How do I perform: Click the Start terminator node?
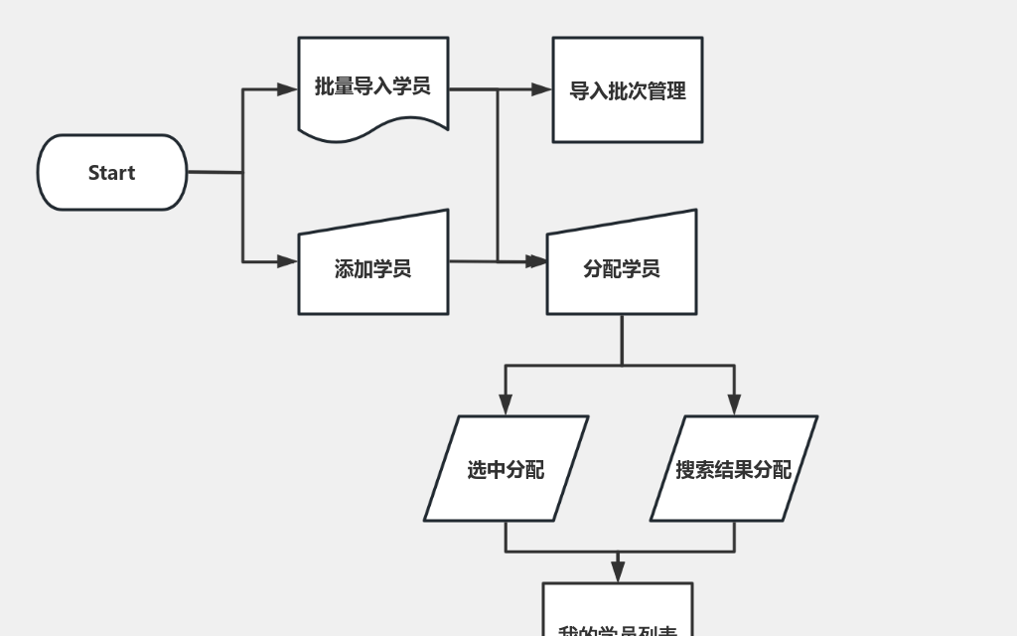click(111, 172)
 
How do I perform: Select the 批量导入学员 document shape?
click(373, 85)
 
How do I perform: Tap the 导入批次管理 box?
click(628, 90)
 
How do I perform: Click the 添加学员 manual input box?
click(373, 268)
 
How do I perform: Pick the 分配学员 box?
click(622, 268)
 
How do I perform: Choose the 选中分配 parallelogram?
click(507, 469)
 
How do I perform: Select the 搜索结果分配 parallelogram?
click(734, 469)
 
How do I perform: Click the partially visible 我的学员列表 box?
click(618, 616)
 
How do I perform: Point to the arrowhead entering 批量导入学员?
click(288, 89)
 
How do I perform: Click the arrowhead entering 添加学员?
click(288, 261)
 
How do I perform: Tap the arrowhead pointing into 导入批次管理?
click(541, 89)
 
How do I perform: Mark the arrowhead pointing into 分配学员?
click(536, 261)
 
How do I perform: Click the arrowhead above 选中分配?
click(506, 404)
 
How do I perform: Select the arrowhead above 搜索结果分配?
click(734, 404)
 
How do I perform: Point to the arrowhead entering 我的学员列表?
click(618, 571)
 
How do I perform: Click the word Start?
click(111, 172)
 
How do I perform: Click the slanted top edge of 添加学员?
click(373, 222)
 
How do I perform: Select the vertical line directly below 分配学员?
click(622, 340)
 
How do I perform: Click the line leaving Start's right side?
click(214, 172)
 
